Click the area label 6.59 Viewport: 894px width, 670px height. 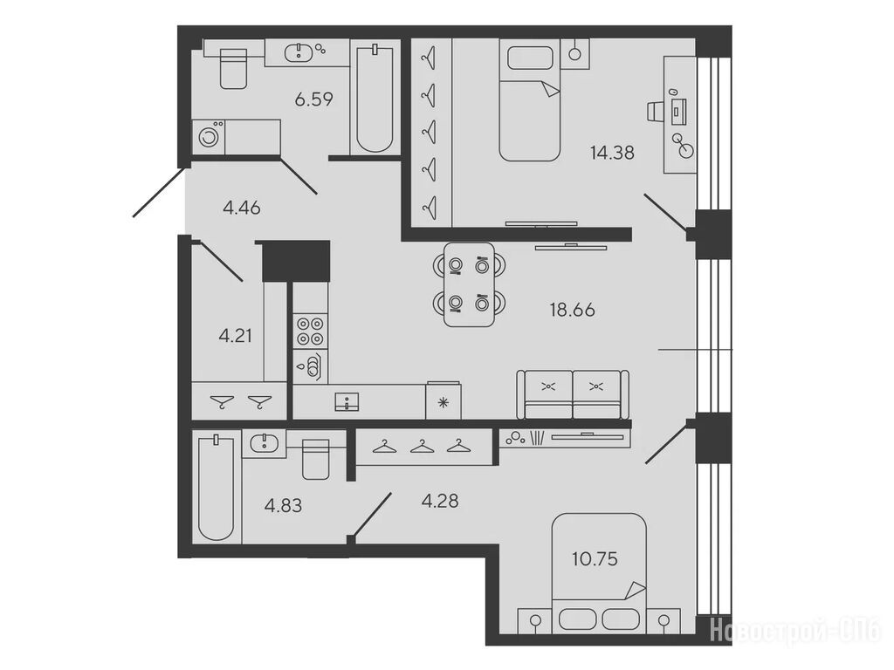(313, 99)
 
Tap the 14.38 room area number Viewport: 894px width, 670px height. (612, 153)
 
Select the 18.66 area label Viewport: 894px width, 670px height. (572, 310)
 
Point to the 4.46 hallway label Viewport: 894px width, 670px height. (242, 208)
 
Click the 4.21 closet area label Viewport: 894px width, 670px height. (235, 336)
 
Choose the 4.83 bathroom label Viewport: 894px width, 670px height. (284, 505)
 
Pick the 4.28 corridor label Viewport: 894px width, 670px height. (440, 502)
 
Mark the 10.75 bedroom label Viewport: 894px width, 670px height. (595, 559)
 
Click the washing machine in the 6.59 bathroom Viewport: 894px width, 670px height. (209, 137)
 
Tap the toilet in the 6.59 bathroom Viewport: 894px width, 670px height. (233, 68)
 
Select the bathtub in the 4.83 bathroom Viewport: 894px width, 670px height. (217, 488)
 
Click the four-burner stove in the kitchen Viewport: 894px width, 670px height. (311, 332)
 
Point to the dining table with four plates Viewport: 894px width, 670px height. (469, 284)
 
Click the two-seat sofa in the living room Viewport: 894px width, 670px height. (573, 394)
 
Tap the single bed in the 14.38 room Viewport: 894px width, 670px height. (529, 100)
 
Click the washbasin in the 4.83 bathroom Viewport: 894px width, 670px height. (264, 442)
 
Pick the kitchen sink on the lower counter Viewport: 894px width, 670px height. (347, 401)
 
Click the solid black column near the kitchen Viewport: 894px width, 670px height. (296, 260)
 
